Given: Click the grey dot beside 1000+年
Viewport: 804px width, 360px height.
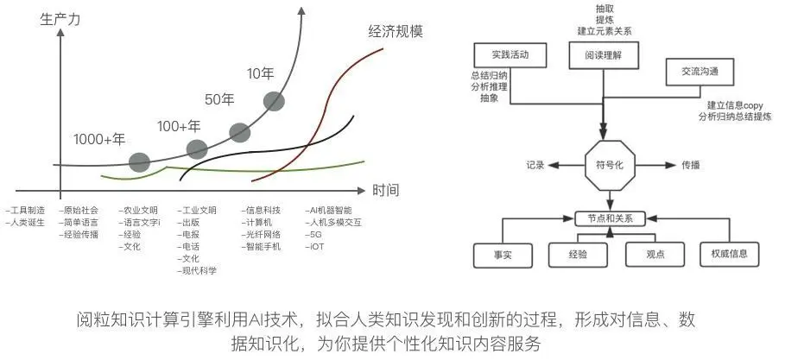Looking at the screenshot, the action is click(139, 161).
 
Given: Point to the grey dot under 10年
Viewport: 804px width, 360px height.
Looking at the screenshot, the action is click(273, 102).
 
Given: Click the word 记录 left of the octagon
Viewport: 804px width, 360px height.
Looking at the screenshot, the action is click(535, 164).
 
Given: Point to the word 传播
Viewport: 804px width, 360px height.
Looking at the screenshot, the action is click(691, 163).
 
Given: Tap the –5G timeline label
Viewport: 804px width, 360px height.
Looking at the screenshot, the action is click(314, 234).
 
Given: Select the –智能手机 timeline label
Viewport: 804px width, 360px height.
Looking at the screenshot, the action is click(263, 246).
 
